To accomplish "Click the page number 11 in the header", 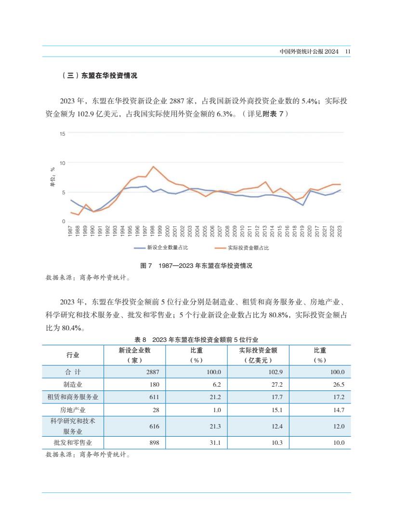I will click(348, 51).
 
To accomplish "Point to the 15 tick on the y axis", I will click(62, 134).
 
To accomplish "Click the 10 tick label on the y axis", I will click(62, 163).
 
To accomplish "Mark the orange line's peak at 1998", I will click(153, 166).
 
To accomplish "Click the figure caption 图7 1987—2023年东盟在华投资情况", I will click(196, 265).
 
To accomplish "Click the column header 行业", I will click(73, 355).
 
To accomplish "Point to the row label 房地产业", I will click(73, 410).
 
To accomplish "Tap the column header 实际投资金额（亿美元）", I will click(258, 355).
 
